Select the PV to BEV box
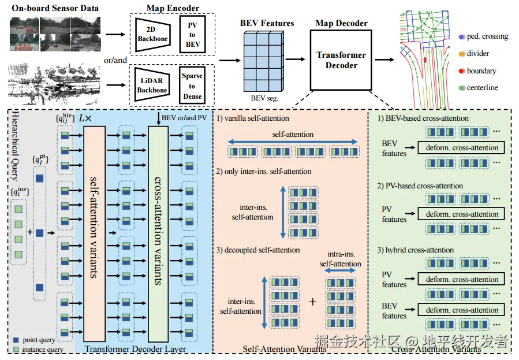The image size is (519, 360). [x=192, y=35]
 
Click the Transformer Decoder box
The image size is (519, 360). [x=341, y=60]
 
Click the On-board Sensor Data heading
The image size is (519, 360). [x=55, y=8]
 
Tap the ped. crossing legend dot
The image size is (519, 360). [x=461, y=36]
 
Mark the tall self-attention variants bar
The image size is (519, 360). [x=95, y=234]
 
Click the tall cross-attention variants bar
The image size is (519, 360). [x=158, y=234]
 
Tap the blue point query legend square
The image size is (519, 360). [x=15, y=340]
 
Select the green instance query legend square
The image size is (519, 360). [x=15, y=350]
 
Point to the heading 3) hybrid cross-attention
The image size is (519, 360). [x=416, y=250]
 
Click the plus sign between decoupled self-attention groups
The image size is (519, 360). [x=313, y=302]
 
